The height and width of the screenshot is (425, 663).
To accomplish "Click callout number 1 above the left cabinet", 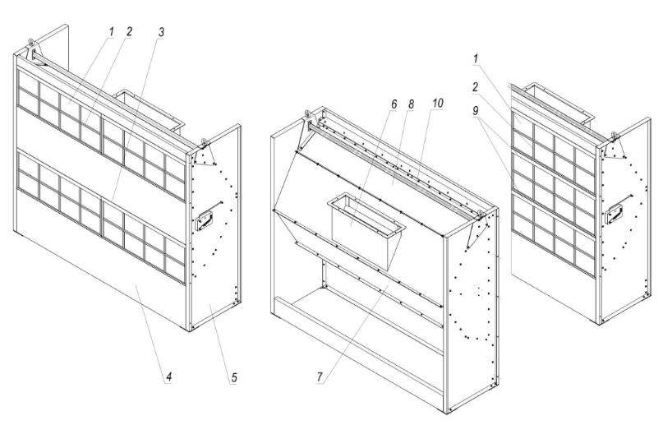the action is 111,32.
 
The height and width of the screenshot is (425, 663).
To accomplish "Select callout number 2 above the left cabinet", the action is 128,32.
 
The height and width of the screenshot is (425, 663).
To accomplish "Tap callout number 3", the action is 161,32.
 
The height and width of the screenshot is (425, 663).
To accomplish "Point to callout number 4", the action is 168,376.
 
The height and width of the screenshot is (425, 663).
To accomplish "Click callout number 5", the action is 233,377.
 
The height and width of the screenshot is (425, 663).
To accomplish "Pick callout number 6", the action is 394,104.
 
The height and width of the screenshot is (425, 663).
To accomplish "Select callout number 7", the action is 320,376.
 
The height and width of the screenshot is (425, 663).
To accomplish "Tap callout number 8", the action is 410,104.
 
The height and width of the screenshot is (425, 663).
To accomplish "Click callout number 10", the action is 437,104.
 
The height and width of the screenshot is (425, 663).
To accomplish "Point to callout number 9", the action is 476,111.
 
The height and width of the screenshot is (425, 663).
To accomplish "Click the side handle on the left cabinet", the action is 205,219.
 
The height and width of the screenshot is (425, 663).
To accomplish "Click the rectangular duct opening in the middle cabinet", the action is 366,214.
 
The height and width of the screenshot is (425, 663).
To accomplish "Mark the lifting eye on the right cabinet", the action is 614,136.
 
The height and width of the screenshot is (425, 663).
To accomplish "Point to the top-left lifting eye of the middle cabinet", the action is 307,113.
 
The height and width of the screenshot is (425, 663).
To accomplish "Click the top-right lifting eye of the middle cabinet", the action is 480,214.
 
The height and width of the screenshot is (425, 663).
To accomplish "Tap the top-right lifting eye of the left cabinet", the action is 204,141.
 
